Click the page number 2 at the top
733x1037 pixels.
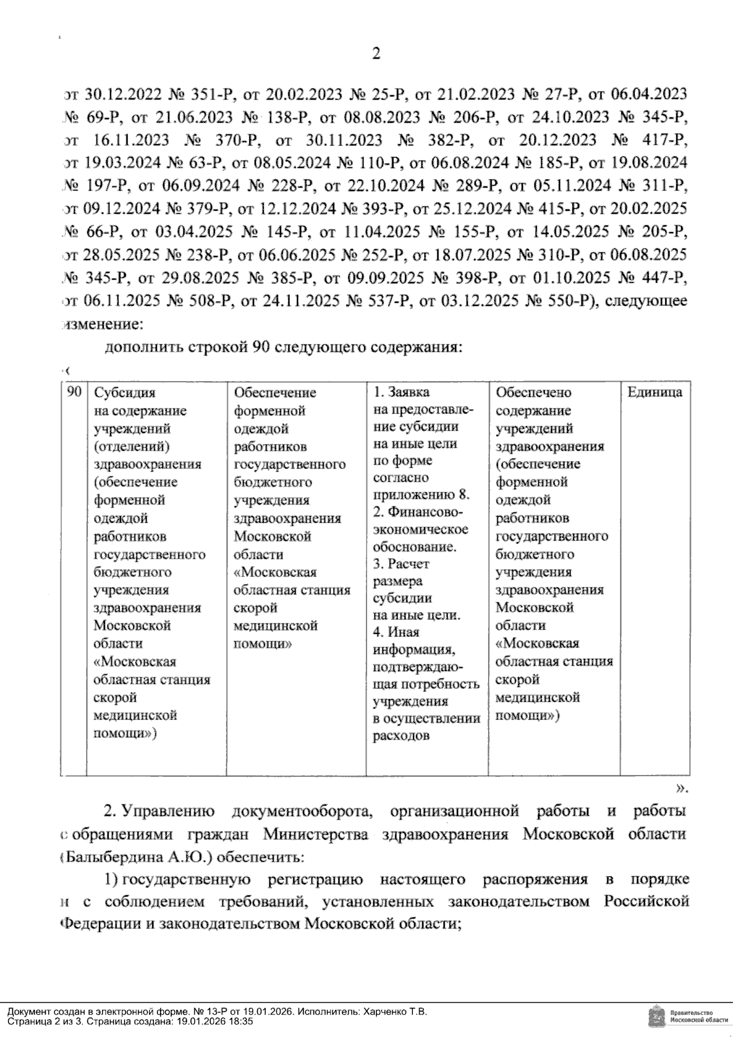[376, 54]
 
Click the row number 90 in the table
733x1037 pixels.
[73, 392]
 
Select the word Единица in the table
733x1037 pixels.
[655, 393]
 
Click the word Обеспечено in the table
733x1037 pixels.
[533, 393]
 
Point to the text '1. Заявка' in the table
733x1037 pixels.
[401, 392]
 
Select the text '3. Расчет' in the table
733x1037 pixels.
[401, 563]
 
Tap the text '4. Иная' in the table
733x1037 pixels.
[396, 632]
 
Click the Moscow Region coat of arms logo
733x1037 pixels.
[656, 1016]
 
